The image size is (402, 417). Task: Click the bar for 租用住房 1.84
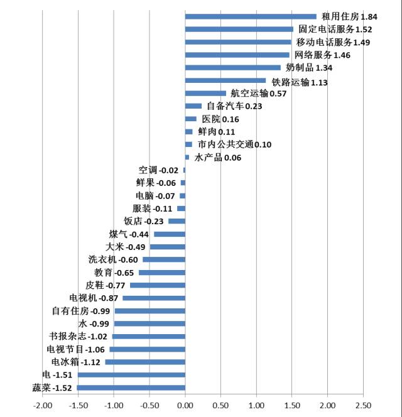[251, 16]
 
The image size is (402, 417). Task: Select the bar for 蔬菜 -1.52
[131, 387]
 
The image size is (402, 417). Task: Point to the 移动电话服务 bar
[238, 42]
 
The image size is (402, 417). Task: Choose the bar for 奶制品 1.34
[233, 68]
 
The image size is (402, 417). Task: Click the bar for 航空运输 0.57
[205, 94]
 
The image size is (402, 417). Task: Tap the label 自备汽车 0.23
[234, 107]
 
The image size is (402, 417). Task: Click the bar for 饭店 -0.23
[177, 221]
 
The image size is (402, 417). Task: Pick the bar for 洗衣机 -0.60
[164, 259]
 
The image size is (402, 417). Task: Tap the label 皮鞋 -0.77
[106, 285]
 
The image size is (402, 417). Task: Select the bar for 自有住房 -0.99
[149, 311]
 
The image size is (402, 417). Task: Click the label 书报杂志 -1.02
[79, 336]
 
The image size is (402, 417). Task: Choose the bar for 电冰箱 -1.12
[145, 362]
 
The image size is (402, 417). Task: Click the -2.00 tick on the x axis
[42, 405]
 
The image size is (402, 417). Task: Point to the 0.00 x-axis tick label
[185, 405]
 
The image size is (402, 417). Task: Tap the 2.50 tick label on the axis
[363, 405]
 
